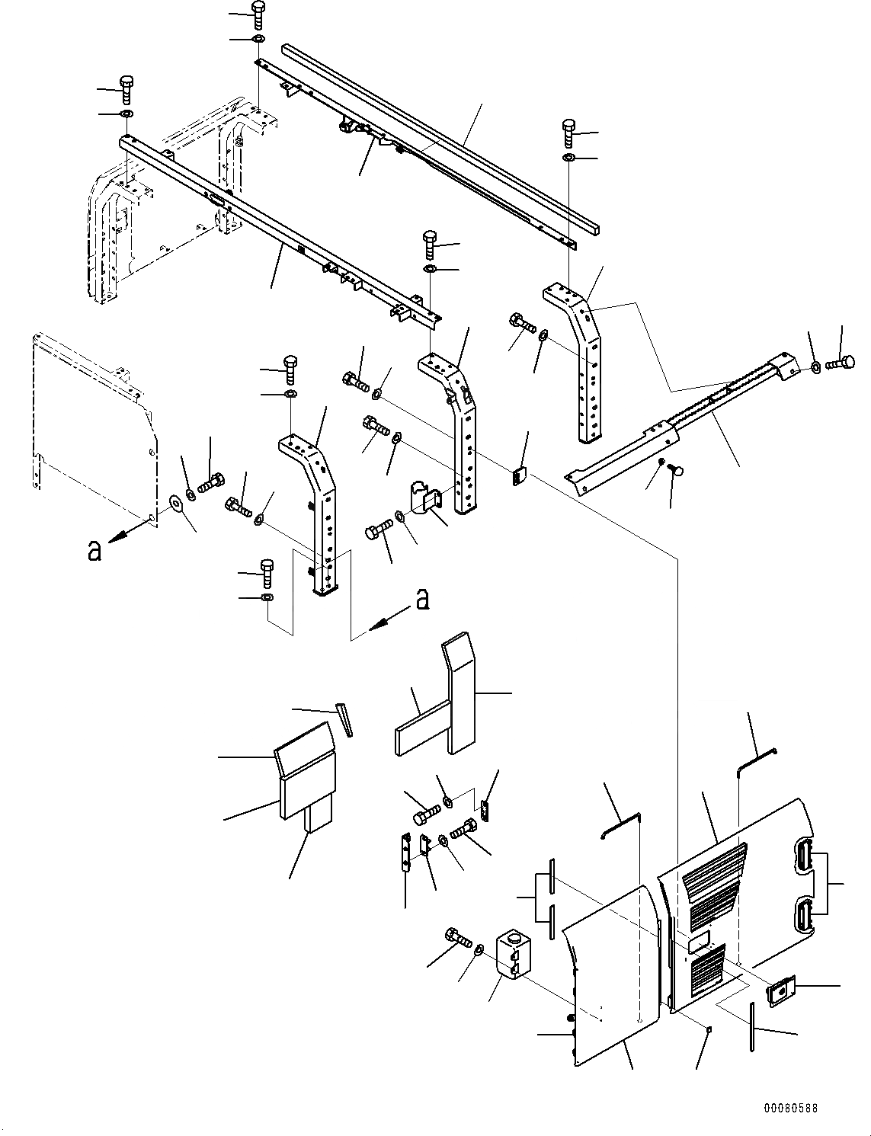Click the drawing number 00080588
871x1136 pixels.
[x=789, y=1109]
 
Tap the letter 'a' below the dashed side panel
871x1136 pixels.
[x=94, y=550]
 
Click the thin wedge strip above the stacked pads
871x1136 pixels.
[x=345, y=719]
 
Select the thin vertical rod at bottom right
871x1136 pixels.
[x=752, y=1027]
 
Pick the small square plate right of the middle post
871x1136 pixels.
[x=518, y=476]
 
